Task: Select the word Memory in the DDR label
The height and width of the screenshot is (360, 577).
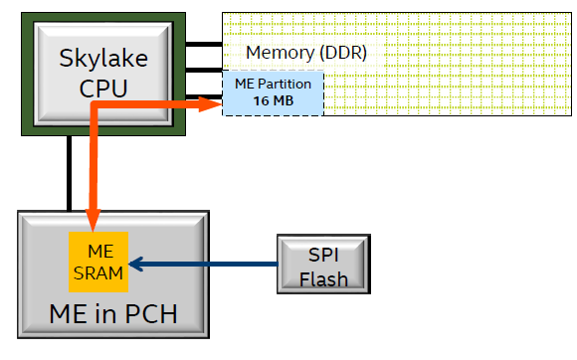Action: point(278,52)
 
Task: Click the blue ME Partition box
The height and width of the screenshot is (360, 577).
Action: point(273,93)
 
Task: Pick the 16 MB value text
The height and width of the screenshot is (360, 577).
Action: point(273,101)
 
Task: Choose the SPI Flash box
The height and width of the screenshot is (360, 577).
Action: point(323,264)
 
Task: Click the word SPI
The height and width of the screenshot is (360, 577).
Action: point(324,254)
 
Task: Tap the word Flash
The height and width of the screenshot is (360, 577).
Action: point(324,277)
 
